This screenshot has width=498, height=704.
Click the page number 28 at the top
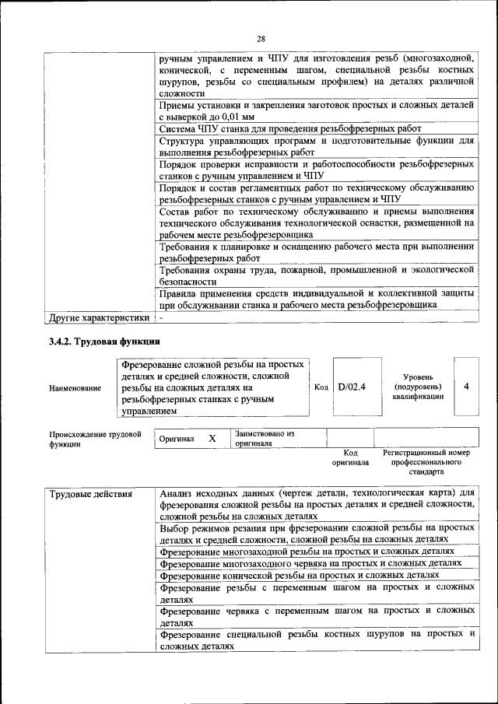point(261,39)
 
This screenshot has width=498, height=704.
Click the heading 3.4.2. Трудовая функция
point(104,341)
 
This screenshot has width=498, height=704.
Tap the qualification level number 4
point(465,386)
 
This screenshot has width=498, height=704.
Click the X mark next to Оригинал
point(212,439)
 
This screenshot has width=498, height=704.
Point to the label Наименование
point(75,387)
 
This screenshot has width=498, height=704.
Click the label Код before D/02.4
point(321,387)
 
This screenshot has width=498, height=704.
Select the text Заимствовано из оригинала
point(264,439)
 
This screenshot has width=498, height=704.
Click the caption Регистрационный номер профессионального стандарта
point(426,461)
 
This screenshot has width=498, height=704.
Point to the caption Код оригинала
point(350,457)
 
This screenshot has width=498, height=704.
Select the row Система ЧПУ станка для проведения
point(290,128)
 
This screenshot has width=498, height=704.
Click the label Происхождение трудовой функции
point(94,439)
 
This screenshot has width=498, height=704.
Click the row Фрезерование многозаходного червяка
point(310,562)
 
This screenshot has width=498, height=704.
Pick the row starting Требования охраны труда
point(316,274)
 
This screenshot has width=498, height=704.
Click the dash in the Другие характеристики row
point(161,317)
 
